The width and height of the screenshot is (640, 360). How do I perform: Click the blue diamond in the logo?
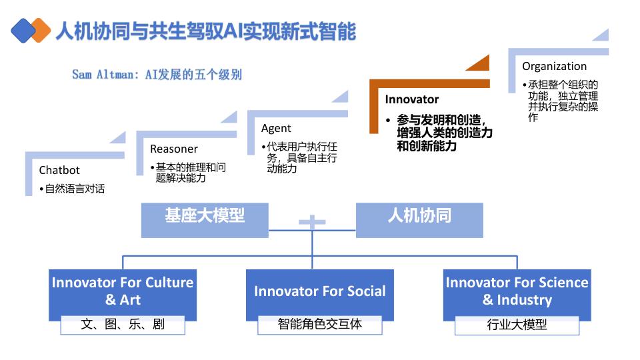pos(23,30)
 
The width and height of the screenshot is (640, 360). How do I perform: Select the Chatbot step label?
pos(59,170)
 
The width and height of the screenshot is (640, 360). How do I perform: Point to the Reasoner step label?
pos(173,149)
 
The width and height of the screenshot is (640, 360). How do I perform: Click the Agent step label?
pos(276,128)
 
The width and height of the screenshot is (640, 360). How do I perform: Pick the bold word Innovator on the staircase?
pos(412,99)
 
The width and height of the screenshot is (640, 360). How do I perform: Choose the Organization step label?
pos(554,66)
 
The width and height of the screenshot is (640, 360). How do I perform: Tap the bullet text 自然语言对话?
pos(75,189)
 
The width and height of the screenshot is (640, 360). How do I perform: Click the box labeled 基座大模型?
pos(205,217)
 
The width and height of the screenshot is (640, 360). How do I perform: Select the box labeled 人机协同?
pos(419,217)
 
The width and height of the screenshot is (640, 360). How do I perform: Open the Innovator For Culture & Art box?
pos(123,291)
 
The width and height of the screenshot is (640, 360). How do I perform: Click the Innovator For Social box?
pos(319,291)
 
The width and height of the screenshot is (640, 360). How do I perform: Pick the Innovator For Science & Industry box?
pos(517,291)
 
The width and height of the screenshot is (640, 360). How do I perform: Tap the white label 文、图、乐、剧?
pos(123,325)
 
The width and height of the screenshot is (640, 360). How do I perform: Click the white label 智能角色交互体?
pos(319,325)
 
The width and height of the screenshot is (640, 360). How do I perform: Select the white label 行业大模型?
pos(517,325)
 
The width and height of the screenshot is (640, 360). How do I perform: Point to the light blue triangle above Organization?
pos(600,36)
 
